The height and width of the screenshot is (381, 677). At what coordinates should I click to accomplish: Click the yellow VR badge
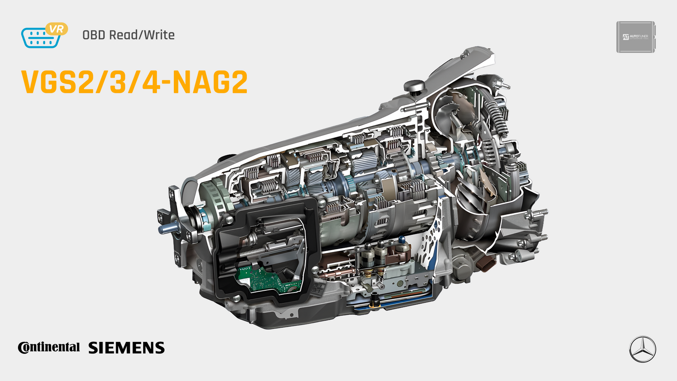click(x=56, y=29)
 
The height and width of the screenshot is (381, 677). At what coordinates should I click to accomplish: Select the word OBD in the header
click(x=93, y=35)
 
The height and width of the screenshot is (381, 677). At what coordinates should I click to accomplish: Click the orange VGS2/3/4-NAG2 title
click(x=134, y=82)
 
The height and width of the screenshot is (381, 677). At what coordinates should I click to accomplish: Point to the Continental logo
click(x=49, y=347)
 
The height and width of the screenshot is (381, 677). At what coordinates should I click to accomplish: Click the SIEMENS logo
click(x=126, y=348)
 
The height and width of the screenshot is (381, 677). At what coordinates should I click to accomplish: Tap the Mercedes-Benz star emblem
click(x=642, y=349)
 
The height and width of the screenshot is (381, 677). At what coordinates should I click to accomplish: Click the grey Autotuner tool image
click(x=635, y=37)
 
